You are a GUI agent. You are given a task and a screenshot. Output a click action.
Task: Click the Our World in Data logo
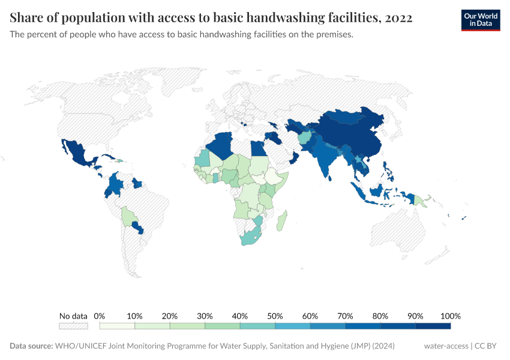[x=480, y=20]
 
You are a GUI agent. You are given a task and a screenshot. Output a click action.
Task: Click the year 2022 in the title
[x=398, y=18]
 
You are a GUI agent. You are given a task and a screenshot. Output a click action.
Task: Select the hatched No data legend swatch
[x=73, y=326]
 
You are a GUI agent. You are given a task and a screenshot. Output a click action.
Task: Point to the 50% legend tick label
[x=275, y=316]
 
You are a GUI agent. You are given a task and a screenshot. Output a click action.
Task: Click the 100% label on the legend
[x=450, y=316]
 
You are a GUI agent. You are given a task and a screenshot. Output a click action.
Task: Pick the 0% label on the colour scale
[x=100, y=316]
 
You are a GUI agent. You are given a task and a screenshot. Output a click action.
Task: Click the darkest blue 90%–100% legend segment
[x=433, y=326]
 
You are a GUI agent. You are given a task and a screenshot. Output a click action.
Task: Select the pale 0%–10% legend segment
[x=117, y=326]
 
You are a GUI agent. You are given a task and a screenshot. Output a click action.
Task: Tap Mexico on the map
[x=77, y=154]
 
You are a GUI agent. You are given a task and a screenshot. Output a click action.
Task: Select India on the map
[x=325, y=159]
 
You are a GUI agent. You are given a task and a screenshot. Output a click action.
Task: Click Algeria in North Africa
[x=221, y=147]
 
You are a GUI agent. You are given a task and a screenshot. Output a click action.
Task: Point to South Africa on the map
[x=251, y=237]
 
